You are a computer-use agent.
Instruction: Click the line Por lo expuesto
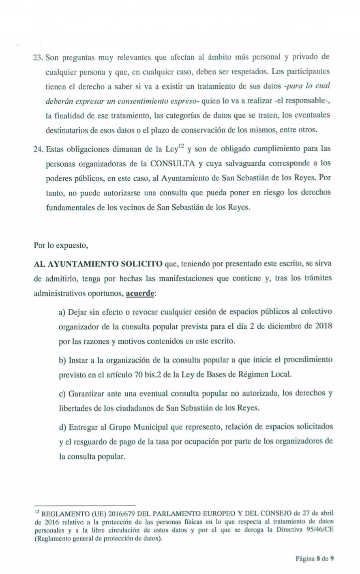(x=60, y=246)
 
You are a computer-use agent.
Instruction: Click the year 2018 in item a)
(x=324, y=327)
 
